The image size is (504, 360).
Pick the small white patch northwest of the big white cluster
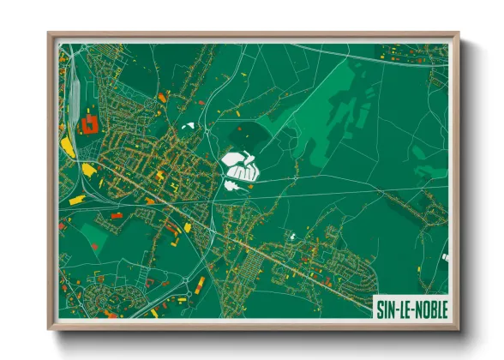point(188,127)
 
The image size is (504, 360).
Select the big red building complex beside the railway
point(88,126)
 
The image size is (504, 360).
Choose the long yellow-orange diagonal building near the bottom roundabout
point(200,284)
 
